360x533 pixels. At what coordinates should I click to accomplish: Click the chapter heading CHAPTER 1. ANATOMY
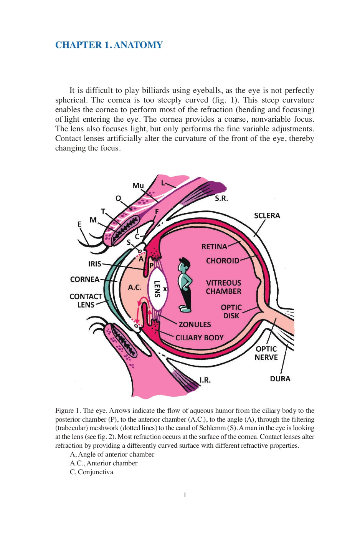[109, 45]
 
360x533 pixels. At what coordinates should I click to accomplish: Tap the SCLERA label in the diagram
[267, 215]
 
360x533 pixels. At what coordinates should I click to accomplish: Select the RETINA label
[214, 247]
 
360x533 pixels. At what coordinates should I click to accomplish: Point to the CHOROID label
[222, 261]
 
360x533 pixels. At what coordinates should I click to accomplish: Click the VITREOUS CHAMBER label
[223, 287]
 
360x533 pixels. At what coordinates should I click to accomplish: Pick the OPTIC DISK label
[231, 311]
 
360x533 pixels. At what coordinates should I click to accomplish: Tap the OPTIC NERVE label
[266, 353]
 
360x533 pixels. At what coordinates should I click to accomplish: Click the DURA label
[280, 379]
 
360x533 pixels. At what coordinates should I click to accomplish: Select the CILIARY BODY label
[199, 338]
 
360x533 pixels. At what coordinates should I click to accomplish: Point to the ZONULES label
[195, 324]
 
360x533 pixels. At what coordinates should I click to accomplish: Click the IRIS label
[95, 264]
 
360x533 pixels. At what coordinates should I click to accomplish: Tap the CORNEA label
[85, 279]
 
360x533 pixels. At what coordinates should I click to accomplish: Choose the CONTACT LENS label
[86, 300]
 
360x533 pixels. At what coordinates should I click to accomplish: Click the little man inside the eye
[185, 284]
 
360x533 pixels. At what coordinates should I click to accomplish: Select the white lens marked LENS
[157, 289]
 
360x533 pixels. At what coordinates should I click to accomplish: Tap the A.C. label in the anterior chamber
[135, 287]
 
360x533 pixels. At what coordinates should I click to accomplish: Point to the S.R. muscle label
[221, 198]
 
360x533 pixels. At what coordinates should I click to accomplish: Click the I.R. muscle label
[205, 380]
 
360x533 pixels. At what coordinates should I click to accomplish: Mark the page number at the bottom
[185, 495]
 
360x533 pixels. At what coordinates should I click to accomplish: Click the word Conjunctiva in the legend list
[96, 472]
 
